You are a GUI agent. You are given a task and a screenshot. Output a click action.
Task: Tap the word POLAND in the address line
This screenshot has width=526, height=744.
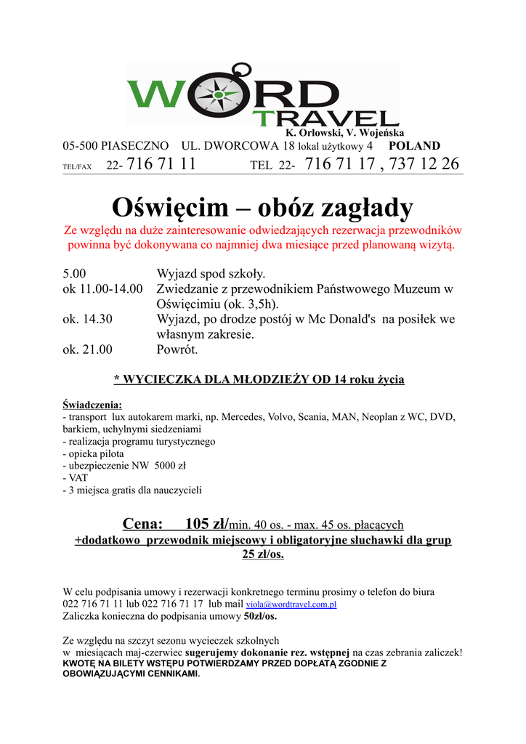point(415,145)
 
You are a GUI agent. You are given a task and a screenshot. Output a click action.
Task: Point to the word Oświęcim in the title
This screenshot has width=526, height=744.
point(170,208)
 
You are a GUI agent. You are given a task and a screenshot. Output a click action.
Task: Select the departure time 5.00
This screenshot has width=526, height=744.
point(74,274)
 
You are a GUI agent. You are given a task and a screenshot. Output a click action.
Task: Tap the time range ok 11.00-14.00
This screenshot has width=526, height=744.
point(103,289)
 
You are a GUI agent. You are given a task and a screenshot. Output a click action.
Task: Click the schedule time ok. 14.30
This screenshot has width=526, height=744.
point(87,319)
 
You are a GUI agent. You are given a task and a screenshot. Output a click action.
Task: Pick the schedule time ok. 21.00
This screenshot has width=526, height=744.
point(87,349)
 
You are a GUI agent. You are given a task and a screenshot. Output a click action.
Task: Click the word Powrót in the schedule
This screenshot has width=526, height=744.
point(177,349)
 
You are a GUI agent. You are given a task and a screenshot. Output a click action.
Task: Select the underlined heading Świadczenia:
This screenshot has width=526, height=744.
point(92,405)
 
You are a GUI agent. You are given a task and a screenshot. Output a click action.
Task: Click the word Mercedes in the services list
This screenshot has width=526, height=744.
point(241,417)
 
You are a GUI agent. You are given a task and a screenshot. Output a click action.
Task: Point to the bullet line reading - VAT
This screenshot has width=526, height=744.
point(76,478)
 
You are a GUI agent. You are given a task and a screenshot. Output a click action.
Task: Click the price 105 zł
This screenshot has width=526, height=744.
point(206,524)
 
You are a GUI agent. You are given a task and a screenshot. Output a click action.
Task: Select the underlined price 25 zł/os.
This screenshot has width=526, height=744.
point(263,554)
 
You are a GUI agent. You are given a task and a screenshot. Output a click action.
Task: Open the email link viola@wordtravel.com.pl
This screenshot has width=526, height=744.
point(291,604)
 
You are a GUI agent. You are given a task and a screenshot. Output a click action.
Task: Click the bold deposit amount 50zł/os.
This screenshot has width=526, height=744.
point(260,616)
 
